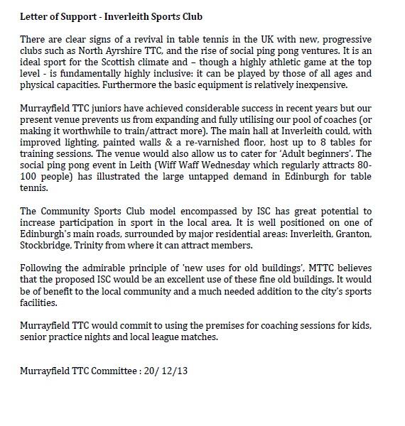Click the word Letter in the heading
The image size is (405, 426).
click(33, 16)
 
